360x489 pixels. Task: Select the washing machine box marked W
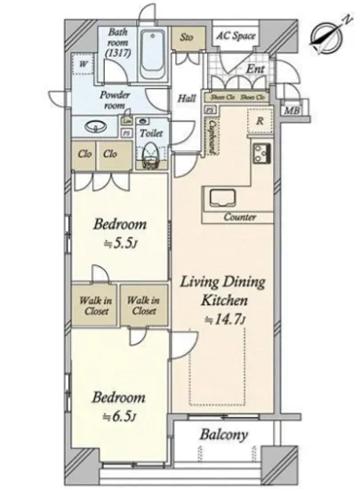(83, 65)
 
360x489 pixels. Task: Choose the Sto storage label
(187, 38)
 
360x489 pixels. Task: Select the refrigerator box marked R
(258, 118)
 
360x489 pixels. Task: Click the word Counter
(240, 217)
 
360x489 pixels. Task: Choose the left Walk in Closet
(92, 305)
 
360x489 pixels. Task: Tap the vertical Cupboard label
(215, 133)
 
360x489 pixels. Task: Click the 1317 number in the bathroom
(116, 52)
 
